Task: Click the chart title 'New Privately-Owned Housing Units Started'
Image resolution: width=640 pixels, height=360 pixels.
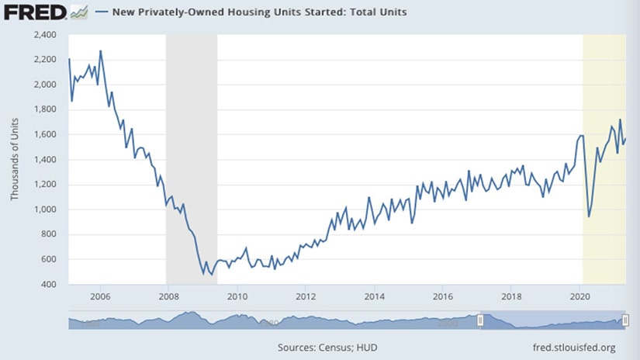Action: (x=261, y=12)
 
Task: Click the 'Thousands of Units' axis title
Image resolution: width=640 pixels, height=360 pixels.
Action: (x=14, y=160)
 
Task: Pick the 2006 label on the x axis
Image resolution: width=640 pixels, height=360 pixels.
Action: (x=99, y=296)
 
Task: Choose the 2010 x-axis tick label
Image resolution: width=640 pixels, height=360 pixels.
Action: (x=237, y=296)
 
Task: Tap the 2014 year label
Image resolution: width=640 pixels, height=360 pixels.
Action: (x=374, y=296)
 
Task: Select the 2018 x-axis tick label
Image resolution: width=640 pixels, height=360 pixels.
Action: (x=511, y=296)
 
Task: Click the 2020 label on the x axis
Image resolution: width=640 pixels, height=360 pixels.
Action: (x=579, y=296)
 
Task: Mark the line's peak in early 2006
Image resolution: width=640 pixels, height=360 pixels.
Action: (x=101, y=51)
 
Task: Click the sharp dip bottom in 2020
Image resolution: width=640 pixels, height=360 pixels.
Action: (x=589, y=216)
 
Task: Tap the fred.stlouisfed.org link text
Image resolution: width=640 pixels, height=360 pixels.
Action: (x=576, y=347)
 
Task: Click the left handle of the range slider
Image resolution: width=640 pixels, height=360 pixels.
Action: (x=481, y=320)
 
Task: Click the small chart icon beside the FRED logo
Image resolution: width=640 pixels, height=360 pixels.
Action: (x=78, y=12)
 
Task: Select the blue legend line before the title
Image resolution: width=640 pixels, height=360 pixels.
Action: (x=102, y=12)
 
